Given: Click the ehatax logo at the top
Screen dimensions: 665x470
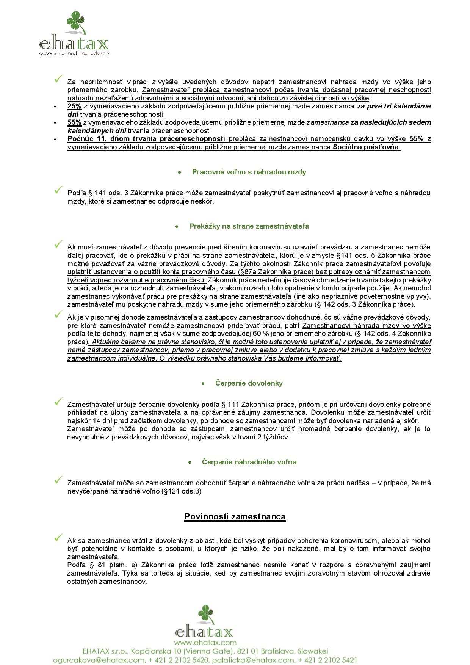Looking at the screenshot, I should tap(74, 34).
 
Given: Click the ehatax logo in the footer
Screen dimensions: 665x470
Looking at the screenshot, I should tap(204, 622).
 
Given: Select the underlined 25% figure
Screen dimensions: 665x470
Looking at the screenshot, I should tap(74, 106).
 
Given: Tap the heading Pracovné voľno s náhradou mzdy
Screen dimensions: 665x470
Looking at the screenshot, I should tap(249, 172).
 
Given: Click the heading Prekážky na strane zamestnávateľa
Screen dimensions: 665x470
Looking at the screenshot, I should tap(249, 226).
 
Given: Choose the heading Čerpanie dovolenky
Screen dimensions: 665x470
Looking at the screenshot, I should tap(249, 383).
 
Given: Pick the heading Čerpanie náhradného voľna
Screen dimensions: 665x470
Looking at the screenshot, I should tap(249, 462).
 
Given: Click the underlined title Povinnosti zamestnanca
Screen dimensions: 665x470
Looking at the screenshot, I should tap(235, 516).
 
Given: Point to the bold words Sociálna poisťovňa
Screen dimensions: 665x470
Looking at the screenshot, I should tap(366, 147).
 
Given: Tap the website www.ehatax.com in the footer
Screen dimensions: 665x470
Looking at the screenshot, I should tap(205, 642).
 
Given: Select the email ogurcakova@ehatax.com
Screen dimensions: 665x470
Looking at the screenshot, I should tap(99, 660).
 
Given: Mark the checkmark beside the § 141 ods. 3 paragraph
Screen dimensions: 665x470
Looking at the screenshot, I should tap(58, 190).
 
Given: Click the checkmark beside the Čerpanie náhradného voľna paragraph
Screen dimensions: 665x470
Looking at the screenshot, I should tap(58, 480).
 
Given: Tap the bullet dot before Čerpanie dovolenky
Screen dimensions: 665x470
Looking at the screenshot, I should tap(203, 384).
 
